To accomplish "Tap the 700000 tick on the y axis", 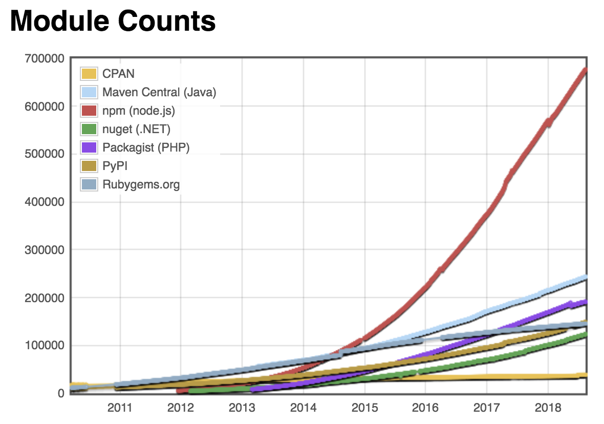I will [44, 58].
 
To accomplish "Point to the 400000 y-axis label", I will [44, 202].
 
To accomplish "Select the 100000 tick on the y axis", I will [44, 346].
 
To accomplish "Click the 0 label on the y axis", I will [60, 393].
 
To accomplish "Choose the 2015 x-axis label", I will [364, 408].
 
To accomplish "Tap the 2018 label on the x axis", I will [548, 408].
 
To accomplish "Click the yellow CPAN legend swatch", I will [89, 74].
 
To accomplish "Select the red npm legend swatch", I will [89, 111].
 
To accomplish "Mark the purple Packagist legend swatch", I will [89, 147].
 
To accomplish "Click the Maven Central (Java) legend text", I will [159, 92].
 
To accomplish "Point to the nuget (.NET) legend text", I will [136, 129].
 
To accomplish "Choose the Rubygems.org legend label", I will [141, 184].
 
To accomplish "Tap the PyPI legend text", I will [115, 166].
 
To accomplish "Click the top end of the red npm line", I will [585, 70].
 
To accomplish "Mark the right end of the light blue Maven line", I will [585, 278].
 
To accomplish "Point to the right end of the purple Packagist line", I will [585, 302].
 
